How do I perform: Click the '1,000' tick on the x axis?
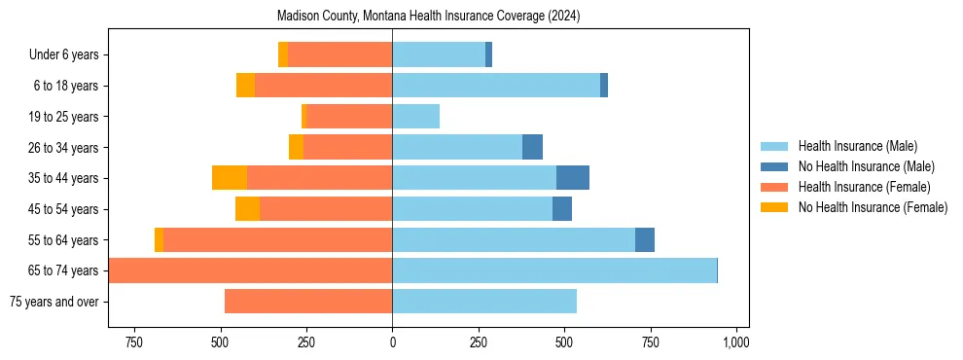[x=735, y=342]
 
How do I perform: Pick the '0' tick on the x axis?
[x=392, y=342]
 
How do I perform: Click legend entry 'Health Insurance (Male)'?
[x=857, y=146]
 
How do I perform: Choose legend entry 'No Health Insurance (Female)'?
[x=873, y=207]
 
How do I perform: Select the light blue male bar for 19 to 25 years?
[x=415, y=117]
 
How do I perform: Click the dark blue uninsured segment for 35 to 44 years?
[x=573, y=178]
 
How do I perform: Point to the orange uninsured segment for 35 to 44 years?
[x=230, y=178]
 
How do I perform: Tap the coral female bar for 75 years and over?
[x=308, y=302]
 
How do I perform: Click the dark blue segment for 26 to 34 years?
[x=532, y=147]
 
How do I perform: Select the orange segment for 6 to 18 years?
[x=245, y=86]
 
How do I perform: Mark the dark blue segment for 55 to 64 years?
[x=645, y=239]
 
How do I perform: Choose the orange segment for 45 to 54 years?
[x=247, y=209]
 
